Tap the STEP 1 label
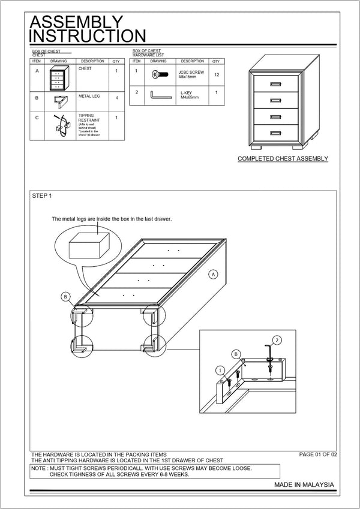(42, 196)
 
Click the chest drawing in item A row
(57, 78)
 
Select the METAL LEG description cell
(91, 97)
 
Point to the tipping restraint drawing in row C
(58, 125)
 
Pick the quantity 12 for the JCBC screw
(216, 74)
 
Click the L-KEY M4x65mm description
(189, 95)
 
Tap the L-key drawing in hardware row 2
(158, 95)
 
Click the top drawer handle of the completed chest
(276, 83)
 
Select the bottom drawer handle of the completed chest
(276, 132)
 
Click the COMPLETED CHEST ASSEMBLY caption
(283, 159)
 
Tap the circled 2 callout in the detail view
(277, 340)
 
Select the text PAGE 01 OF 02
(318, 455)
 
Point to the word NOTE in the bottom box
(40, 468)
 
